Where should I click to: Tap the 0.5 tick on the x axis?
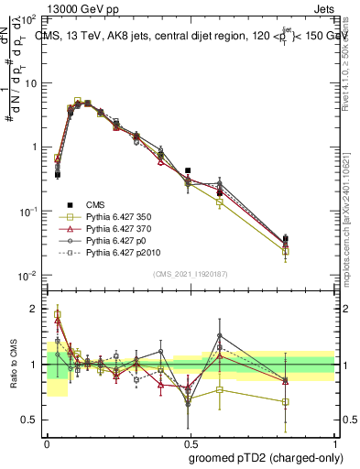192,442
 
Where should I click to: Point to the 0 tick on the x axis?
47,442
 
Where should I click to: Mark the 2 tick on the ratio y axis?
37,309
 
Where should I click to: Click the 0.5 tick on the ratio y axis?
32,420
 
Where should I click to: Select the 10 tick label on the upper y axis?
34,82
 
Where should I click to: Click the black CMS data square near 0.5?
188,170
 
